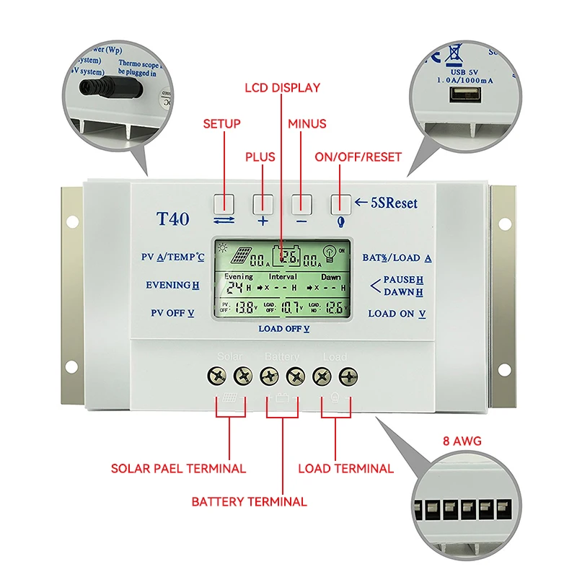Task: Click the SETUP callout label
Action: tap(221, 124)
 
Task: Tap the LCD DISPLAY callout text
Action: tap(282, 88)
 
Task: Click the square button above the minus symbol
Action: tap(301, 203)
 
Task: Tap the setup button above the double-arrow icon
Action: tap(224, 203)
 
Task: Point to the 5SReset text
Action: tap(392, 203)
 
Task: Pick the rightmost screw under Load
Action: tap(349, 375)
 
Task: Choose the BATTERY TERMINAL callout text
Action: tap(249, 501)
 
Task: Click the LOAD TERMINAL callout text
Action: tap(346, 468)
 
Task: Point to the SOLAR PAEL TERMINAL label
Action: tap(178, 468)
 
